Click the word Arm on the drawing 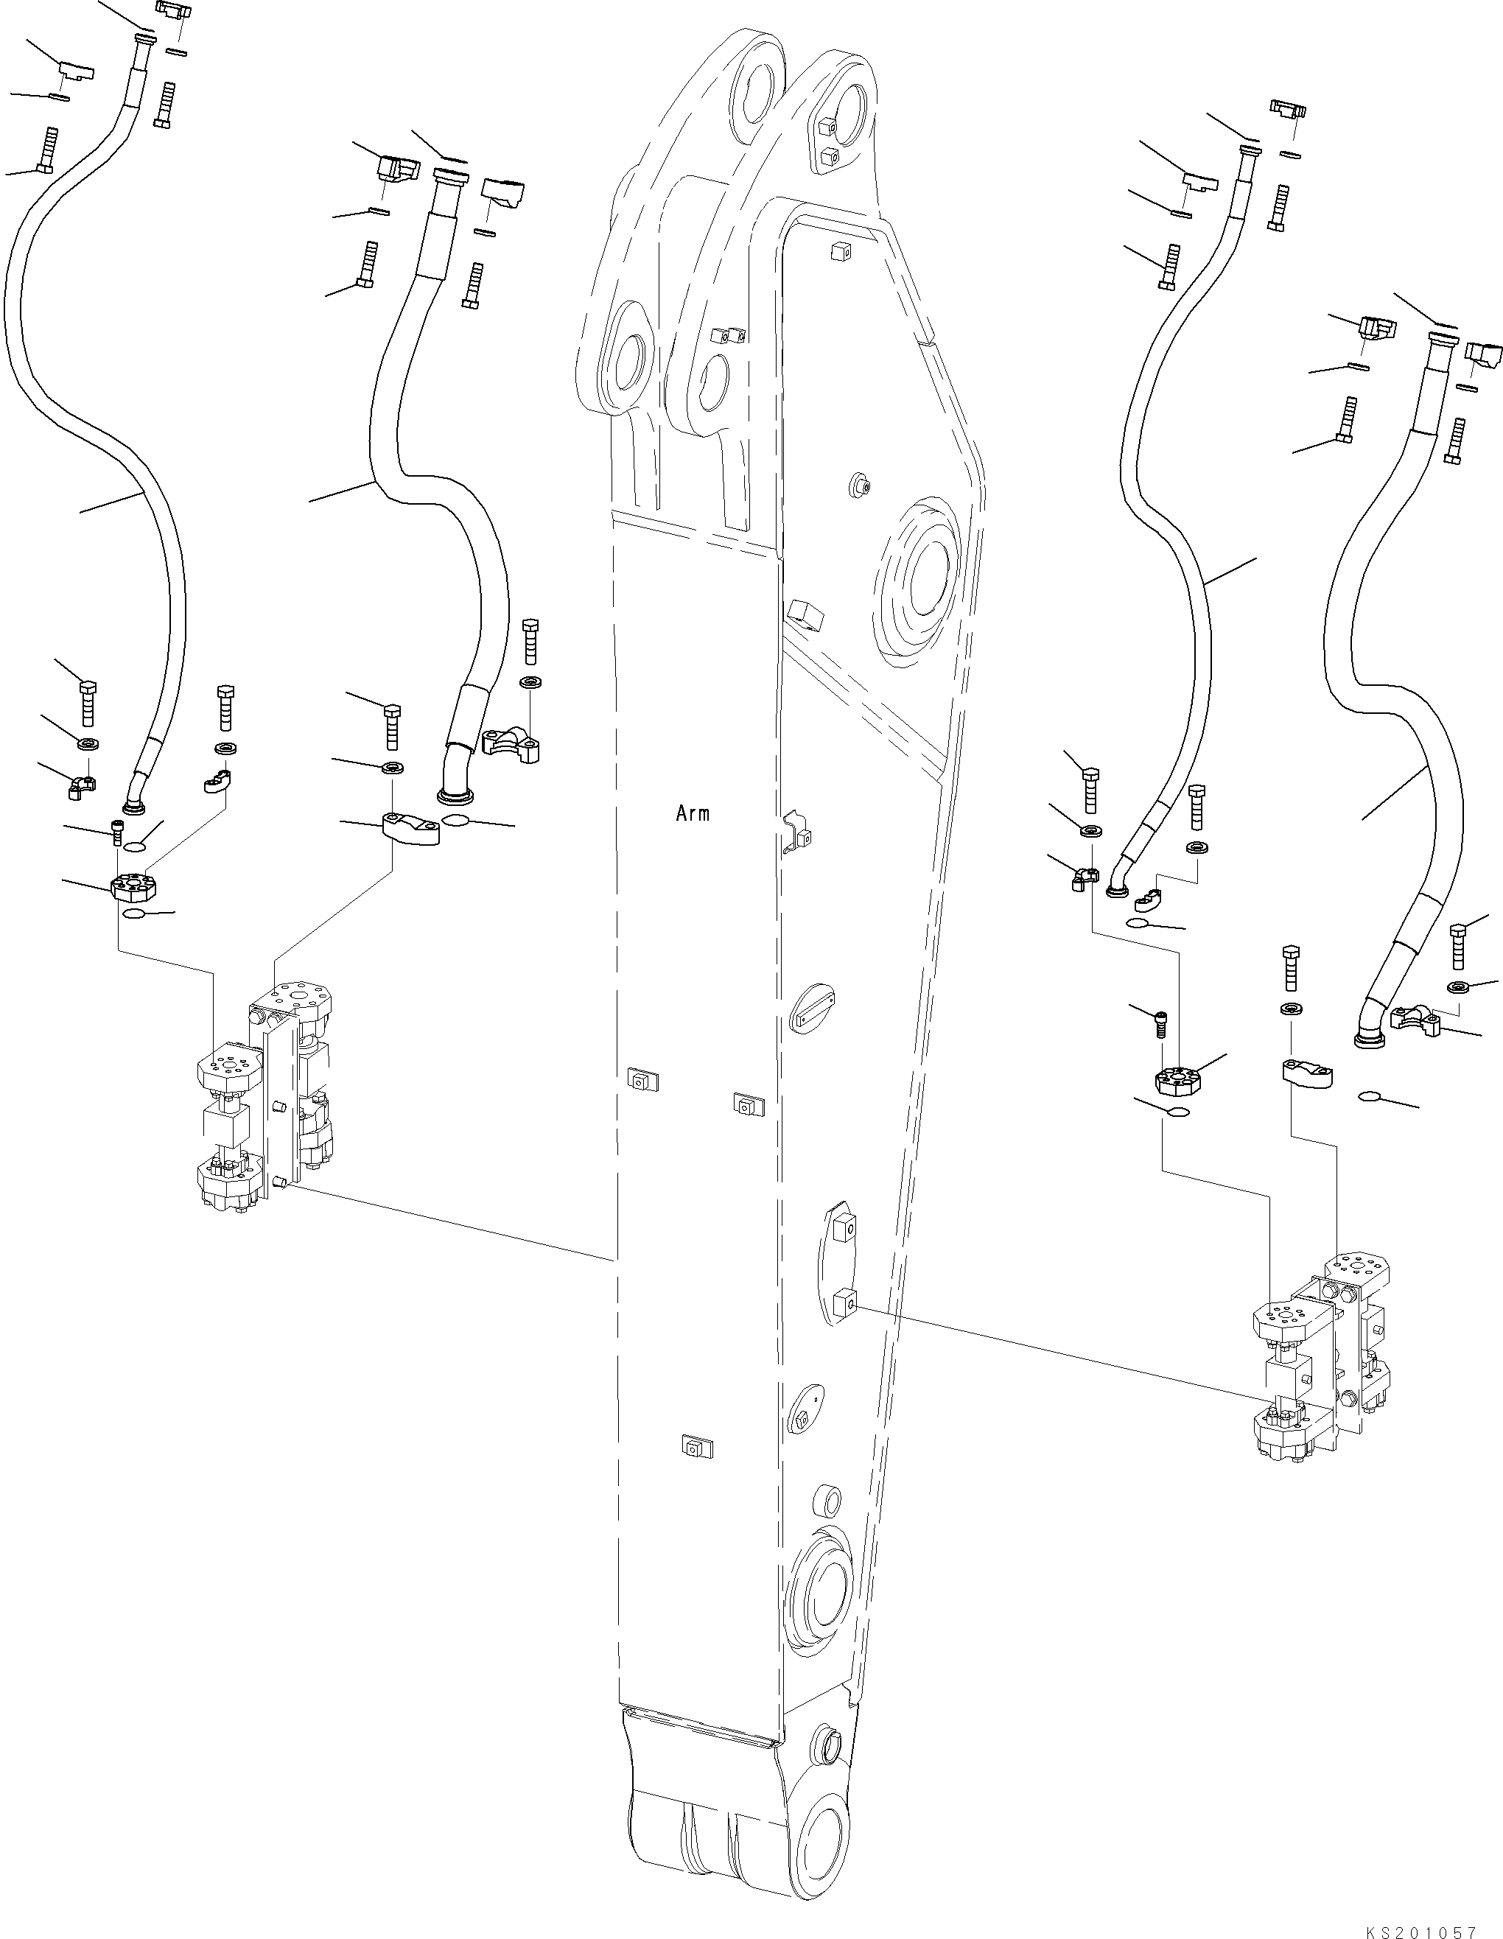[693, 813]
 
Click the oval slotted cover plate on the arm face [813, 1007]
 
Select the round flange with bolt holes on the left [133, 886]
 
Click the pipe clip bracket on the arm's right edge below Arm [799, 832]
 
